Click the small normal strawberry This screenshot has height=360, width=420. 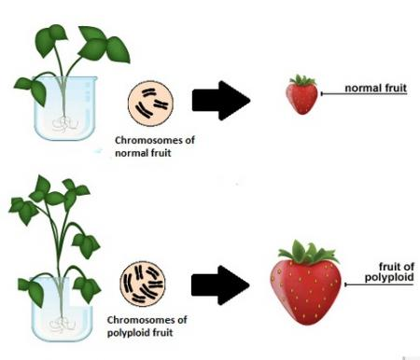301,97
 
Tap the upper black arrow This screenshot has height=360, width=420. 223,102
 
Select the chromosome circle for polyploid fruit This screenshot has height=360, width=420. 143,286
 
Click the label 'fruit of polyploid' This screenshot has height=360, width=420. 384,271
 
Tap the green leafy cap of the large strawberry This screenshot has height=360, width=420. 306,250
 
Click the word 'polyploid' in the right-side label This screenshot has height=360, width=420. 384,278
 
